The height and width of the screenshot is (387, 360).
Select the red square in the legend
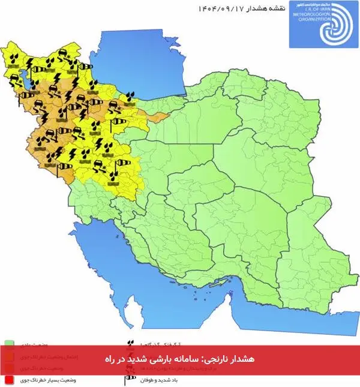coord(9,380)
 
